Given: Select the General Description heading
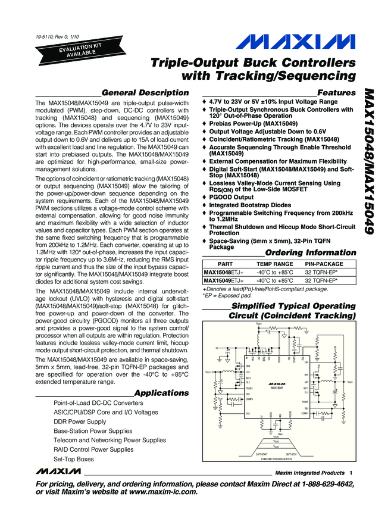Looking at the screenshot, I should (145, 93).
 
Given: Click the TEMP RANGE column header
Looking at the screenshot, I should (274, 264).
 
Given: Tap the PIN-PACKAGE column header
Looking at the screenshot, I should (324, 264).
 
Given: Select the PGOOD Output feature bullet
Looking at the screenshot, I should (234, 197).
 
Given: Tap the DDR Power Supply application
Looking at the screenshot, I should (80, 421).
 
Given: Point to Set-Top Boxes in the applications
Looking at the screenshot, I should (74, 460).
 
